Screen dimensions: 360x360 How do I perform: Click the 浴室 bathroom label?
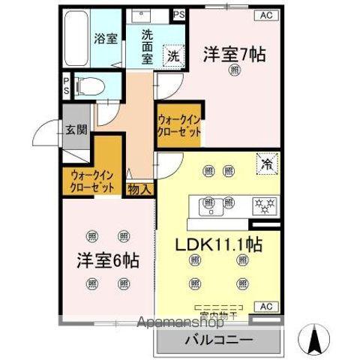pyautogui.click(x=105, y=39)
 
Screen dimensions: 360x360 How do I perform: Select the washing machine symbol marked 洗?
pyautogui.click(x=172, y=55)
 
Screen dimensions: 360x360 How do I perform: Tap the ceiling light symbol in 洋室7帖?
pyautogui.click(x=235, y=71)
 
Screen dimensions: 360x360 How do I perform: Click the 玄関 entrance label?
pyautogui.click(x=76, y=130)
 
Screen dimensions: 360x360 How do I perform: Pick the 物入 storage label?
pyautogui.click(x=140, y=188)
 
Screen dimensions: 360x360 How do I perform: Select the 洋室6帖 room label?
pyautogui.click(x=106, y=263)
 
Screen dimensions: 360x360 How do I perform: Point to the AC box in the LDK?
pyautogui.click(x=265, y=306)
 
